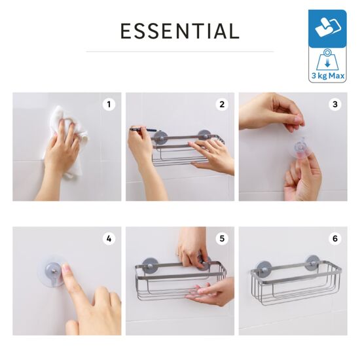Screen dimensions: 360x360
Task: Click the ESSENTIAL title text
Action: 180,31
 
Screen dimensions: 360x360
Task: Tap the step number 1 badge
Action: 109,105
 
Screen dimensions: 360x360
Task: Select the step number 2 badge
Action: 222,105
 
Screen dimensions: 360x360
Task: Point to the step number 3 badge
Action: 335,105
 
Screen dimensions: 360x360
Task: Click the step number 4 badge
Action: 109,239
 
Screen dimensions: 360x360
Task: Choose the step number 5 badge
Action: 222,239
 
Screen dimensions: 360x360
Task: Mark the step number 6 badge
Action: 335,239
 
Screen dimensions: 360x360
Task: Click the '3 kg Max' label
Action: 328,75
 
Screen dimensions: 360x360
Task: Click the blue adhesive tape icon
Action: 327,28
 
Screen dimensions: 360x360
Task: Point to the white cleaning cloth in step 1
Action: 69,135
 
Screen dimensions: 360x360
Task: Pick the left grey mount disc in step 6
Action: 264,268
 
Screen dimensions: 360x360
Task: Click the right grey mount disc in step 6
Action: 312,262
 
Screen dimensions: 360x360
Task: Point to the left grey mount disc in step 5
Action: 150,266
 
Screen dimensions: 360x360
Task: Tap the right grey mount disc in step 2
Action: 204,135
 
